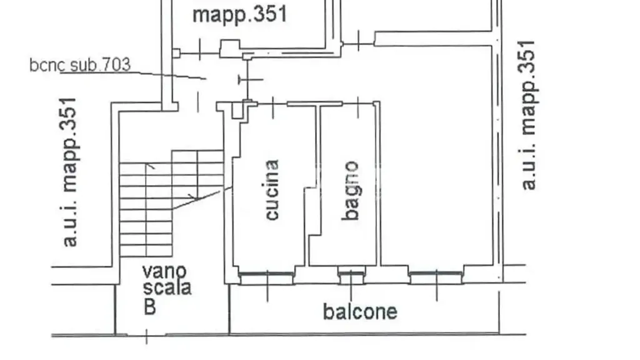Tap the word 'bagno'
(x=351, y=191)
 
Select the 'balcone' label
(x=360, y=312)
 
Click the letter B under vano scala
(x=150, y=306)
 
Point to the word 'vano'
(x=164, y=271)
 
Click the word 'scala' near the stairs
(x=167, y=287)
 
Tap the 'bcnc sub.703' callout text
(x=80, y=65)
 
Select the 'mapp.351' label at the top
(x=240, y=14)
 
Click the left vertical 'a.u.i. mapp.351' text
(x=69, y=172)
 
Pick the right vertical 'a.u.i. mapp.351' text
(x=528, y=115)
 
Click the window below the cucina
(x=266, y=277)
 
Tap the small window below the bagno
(x=351, y=276)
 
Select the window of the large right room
(x=436, y=277)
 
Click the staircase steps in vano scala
(x=171, y=203)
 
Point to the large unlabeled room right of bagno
(x=437, y=155)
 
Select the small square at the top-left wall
(x=176, y=53)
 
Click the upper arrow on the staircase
(x=150, y=166)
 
